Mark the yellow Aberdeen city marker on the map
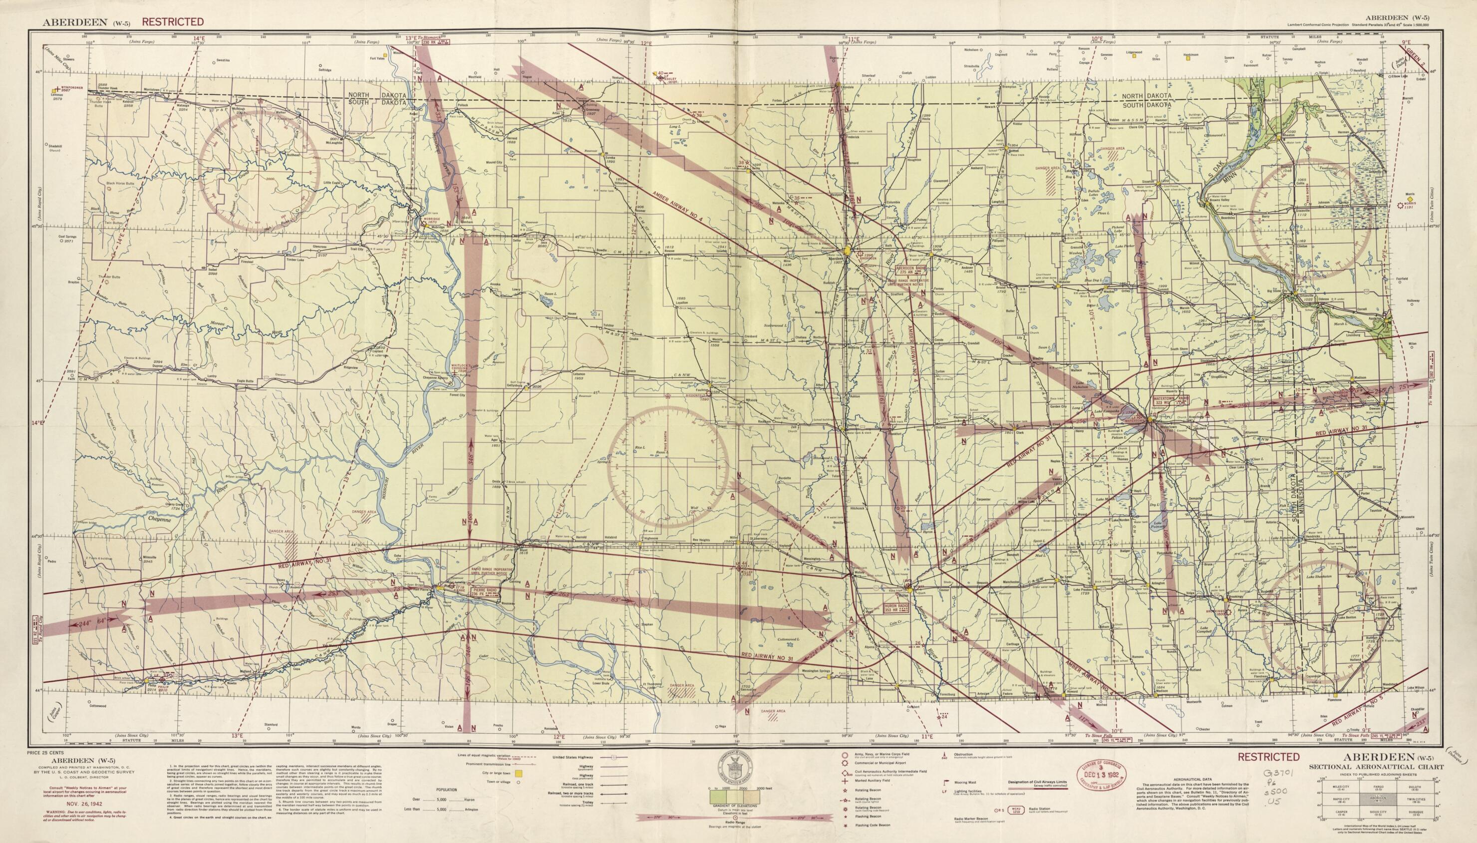click(848, 251)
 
